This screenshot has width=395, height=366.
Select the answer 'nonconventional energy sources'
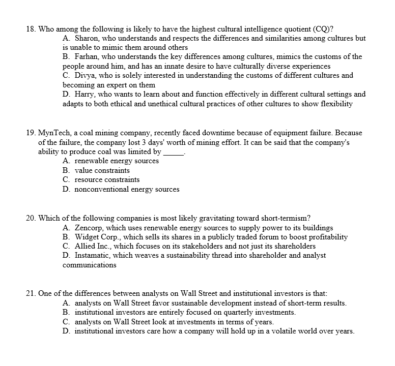[x=127, y=189]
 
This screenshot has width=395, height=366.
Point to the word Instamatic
[x=93, y=255]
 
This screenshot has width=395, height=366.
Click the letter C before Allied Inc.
[x=66, y=246]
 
